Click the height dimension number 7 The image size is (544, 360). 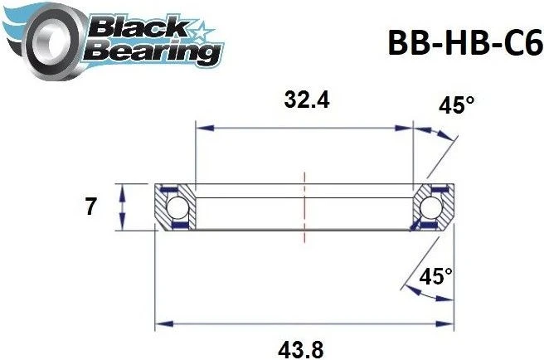click(x=90, y=207)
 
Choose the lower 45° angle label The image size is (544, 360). click(x=435, y=277)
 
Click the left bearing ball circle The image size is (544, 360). click(x=175, y=207)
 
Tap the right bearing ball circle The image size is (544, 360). click(x=433, y=207)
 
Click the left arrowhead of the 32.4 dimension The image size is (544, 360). click(x=201, y=129)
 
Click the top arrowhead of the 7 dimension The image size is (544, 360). click(x=123, y=187)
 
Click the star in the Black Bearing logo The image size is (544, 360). click(x=198, y=30)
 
